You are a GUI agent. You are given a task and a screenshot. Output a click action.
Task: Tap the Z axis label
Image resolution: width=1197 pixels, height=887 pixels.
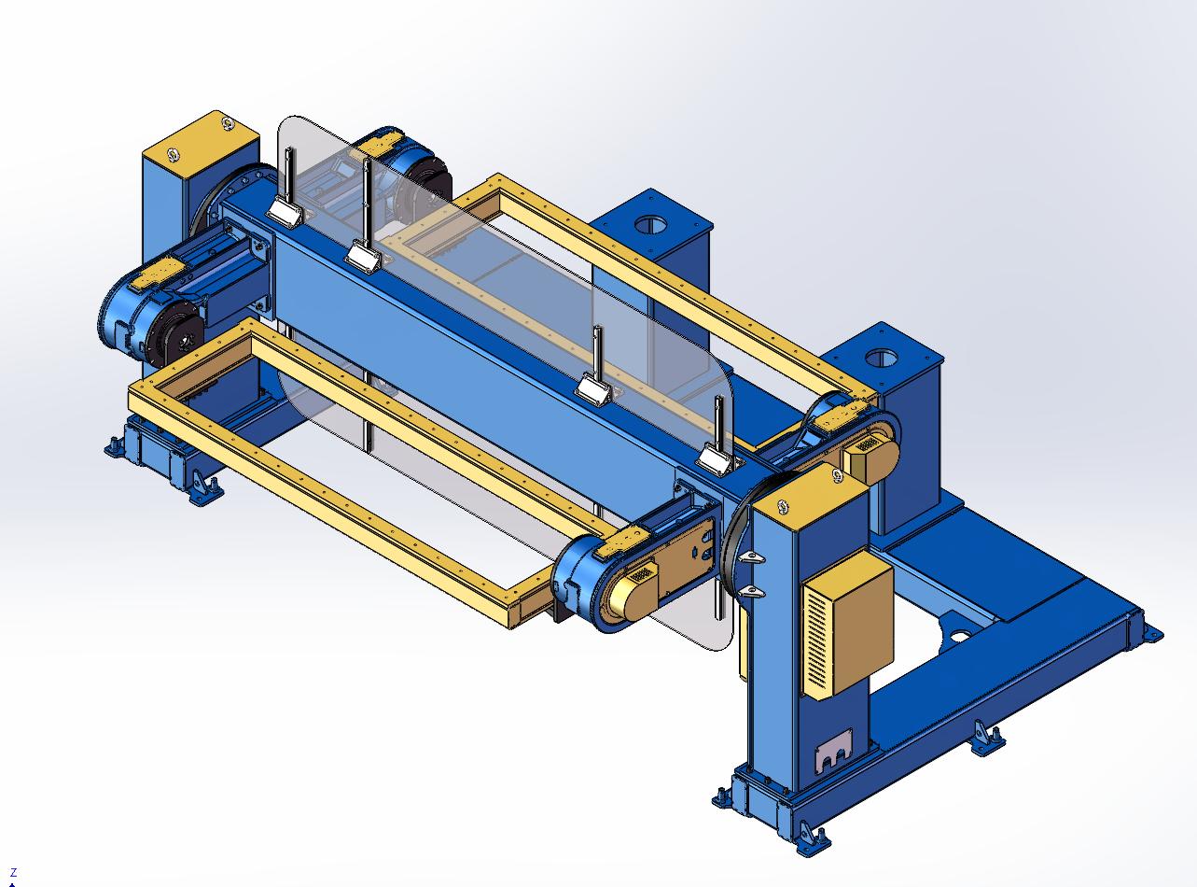14,872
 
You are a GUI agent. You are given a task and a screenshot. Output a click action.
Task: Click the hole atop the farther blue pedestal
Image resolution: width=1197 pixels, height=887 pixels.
651,224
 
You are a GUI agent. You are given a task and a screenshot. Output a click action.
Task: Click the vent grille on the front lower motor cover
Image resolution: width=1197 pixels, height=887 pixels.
642,573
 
